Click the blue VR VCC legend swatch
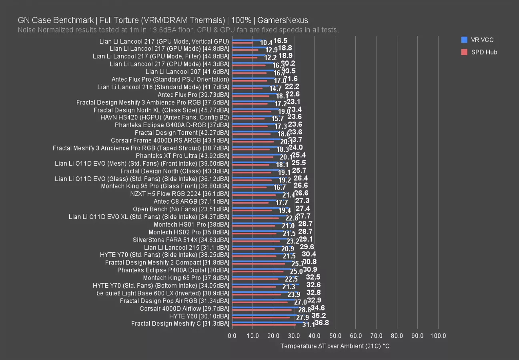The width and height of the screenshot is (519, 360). (x=464, y=40)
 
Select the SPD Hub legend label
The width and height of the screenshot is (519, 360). (x=484, y=52)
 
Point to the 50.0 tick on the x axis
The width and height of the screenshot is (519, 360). (x=335, y=336)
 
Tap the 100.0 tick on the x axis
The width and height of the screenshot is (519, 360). (x=438, y=336)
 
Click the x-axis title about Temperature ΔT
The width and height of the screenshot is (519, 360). (x=335, y=346)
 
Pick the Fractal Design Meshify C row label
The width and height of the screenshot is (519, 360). (x=180, y=324)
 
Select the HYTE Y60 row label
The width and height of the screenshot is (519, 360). (x=199, y=316)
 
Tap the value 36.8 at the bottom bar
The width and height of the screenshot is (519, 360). (x=322, y=322)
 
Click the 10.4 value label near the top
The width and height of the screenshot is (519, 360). (x=266, y=43)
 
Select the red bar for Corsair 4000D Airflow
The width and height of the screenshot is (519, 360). (x=262, y=310)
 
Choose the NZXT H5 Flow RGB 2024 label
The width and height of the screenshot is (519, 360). (x=180, y=194)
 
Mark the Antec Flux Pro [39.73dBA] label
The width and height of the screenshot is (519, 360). (x=193, y=95)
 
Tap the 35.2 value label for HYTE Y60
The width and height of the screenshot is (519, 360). (x=319, y=315)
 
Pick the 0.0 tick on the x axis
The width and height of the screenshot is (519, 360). (x=232, y=336)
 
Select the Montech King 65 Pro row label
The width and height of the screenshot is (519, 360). (x=186, y=278)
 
